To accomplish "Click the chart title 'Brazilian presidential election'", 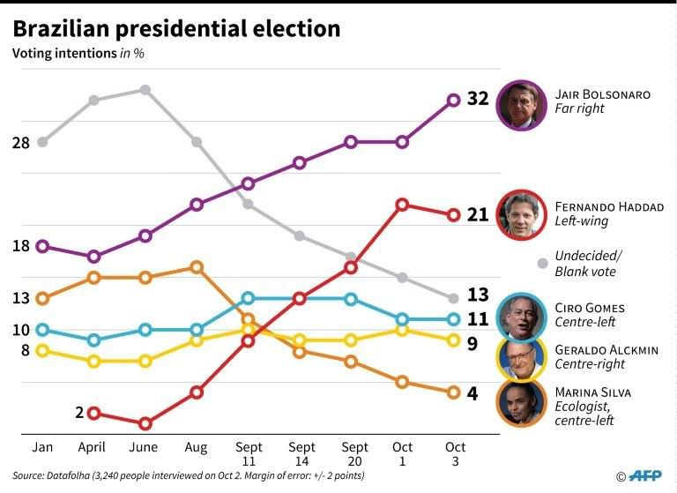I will point(176,28).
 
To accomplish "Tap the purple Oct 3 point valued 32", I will point(454,101).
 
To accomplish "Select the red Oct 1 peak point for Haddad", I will point(402,205).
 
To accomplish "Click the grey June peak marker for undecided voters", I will point(145,90).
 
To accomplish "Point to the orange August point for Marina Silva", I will point(197,266).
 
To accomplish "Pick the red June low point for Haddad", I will point(145,423).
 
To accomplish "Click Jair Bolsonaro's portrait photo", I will point(522,104).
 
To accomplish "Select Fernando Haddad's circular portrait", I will point(522,215).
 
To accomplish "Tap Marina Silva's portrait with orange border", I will point(522,402).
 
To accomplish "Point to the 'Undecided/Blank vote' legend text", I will point(588,264).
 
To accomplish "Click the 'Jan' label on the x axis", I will point(42,448).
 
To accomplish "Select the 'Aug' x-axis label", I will point(197,448).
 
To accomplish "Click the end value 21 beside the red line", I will point(477,215).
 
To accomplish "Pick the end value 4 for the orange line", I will point(472,393).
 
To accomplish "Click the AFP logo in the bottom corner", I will point(641,475).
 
